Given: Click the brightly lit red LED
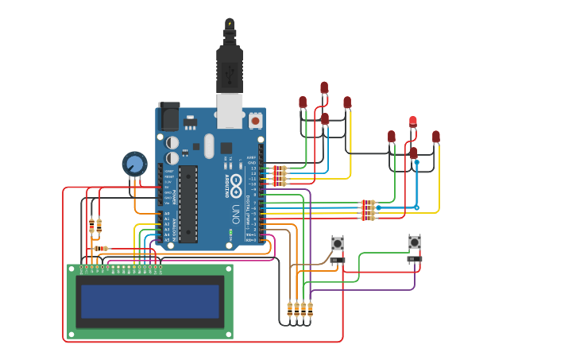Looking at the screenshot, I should click(413, 121).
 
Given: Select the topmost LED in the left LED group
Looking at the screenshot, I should click(324, 87).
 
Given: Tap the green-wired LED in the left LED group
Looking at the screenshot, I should click(303, 102).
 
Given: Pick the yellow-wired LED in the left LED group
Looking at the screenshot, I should click(347, 103).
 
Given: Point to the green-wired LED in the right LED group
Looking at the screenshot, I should click(392, 137).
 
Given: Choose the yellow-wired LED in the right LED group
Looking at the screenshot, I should click(436, 137).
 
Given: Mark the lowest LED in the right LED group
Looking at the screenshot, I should click(413, 153).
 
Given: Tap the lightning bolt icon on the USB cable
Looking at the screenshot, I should click(230, 23).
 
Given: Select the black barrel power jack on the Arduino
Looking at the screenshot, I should click(169, 116).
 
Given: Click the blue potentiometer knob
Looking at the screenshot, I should click(135, 165).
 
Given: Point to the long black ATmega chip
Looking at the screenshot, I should click(187, 203).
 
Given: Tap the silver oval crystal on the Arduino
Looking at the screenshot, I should click(209, 145).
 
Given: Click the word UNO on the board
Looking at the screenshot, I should click(236, 214).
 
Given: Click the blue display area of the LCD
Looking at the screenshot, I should click(149, 300).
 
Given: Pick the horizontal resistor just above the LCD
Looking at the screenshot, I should click(101, 249).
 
